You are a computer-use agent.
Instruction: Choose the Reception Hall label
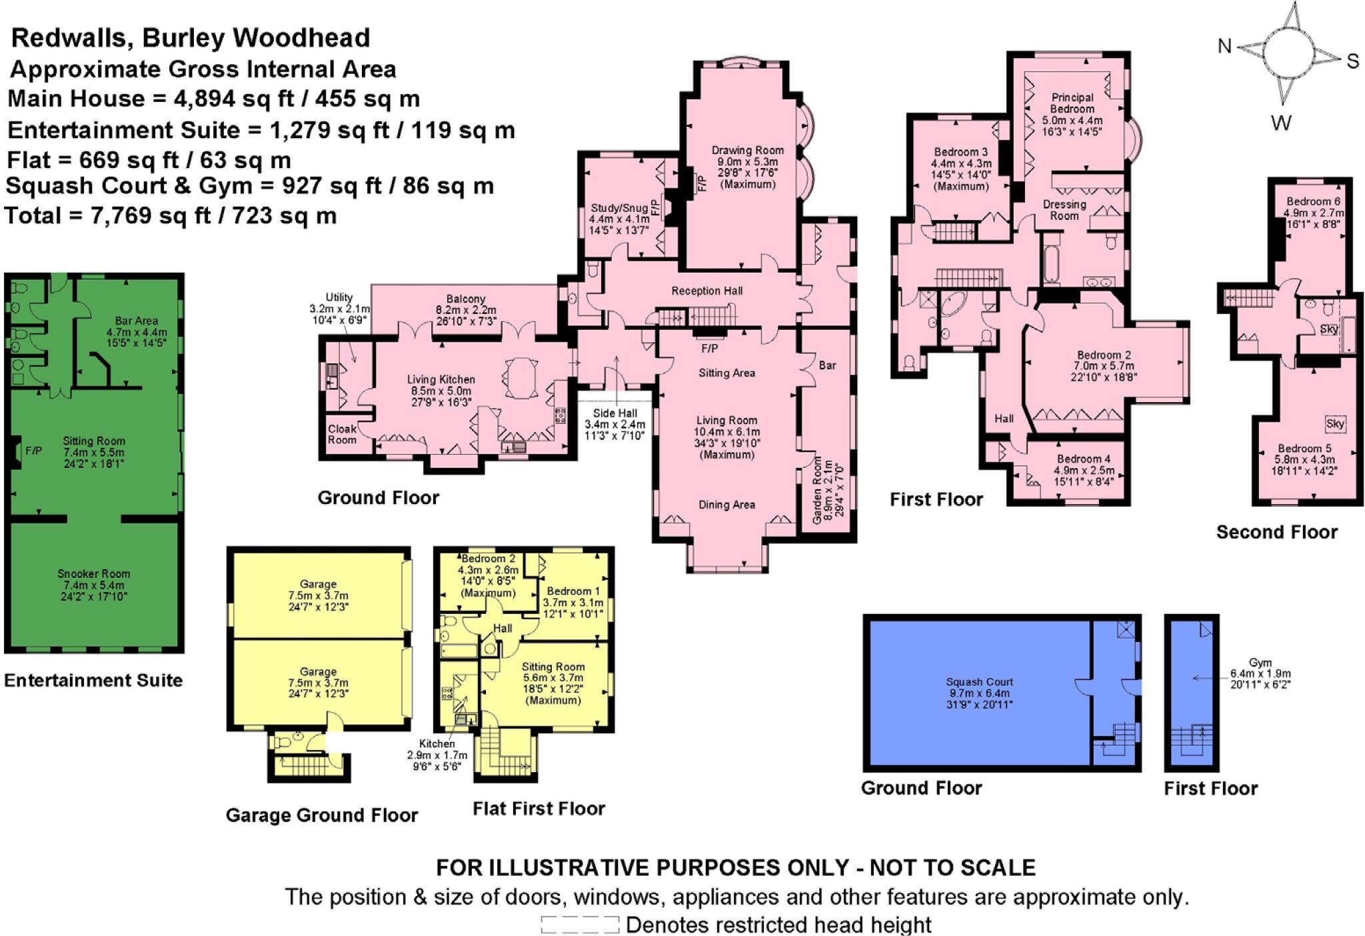(706, 291)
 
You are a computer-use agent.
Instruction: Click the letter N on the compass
(1224, 46)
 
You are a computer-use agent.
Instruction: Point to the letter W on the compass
(1280, 123)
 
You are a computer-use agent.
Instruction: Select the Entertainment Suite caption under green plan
(93, 680)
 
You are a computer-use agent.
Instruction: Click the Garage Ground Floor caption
(321, 815)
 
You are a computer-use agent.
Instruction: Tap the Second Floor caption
(1276, 532)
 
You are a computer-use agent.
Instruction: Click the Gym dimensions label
(1260, 673)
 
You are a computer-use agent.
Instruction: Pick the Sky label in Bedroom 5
(1335, 424)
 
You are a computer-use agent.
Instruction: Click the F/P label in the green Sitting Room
(33, 451)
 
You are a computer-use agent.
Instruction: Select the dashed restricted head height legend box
(579, 925)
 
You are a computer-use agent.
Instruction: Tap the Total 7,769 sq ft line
(171, 216)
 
